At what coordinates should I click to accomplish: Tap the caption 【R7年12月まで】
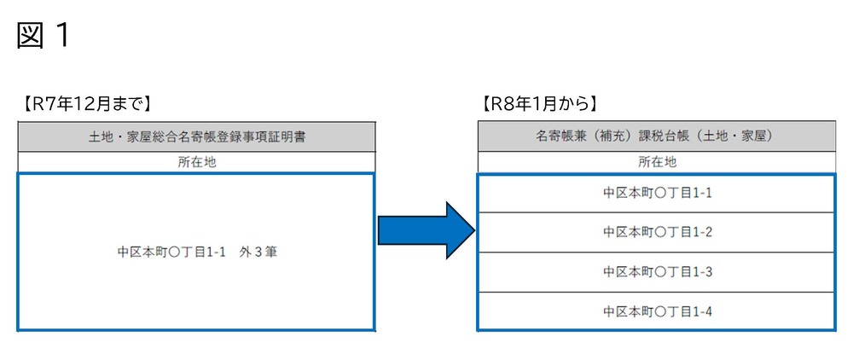click(x=84, y=104)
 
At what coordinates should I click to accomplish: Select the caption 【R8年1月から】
click(x=540, y=104)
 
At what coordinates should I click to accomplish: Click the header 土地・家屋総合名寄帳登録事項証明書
click(x=196, y=136)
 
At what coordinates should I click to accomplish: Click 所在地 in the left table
click(x=196, y=162)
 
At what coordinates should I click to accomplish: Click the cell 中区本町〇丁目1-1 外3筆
click(x=196, y=253)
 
